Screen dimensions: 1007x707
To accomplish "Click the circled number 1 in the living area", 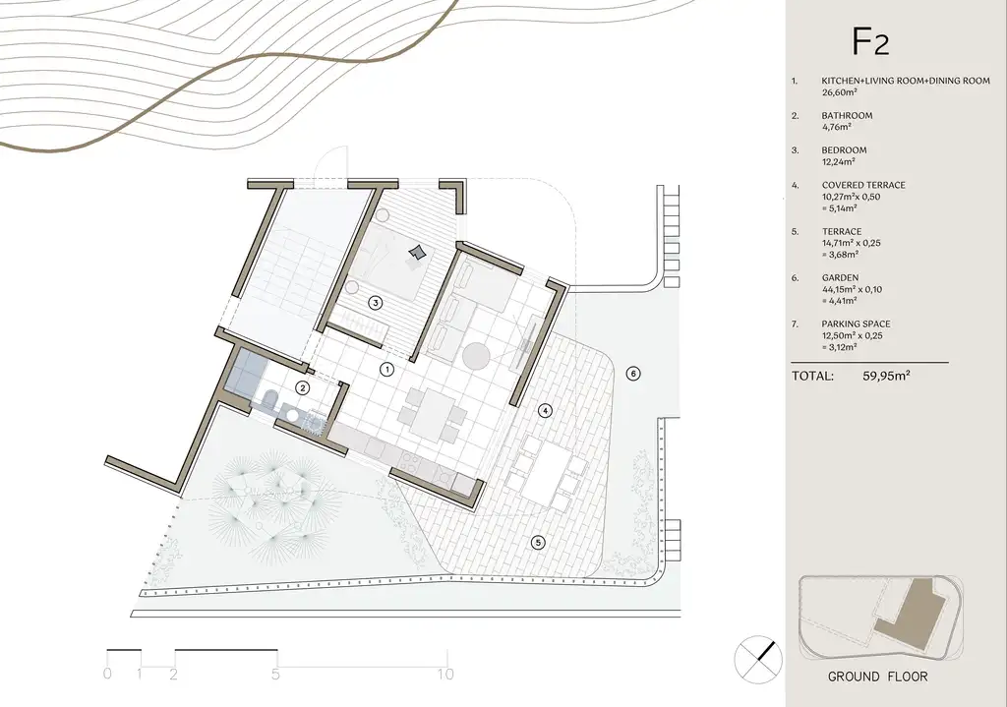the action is coord(386,369).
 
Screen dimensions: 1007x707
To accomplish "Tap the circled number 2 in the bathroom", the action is coord(302,387).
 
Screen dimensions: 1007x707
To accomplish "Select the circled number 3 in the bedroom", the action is coord(375,303).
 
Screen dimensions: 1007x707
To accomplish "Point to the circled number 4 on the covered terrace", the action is coord(545,410).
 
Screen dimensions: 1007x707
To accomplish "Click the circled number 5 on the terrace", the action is coord(538,543).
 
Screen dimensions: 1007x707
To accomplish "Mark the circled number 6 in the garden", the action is coord(633,373).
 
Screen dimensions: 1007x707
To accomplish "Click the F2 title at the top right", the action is coord(870,41).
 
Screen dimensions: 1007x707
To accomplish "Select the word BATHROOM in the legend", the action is coord(847,116).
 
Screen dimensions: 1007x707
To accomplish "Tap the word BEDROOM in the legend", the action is coord(844,150).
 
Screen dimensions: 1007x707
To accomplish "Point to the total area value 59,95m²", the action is coord(886,376).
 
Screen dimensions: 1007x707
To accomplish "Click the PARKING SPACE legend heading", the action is coord(857,324).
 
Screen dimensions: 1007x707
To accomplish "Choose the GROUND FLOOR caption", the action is coord(877,677).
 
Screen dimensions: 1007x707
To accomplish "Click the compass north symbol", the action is coord(758,660).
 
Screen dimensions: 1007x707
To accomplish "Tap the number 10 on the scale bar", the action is coord(445,674).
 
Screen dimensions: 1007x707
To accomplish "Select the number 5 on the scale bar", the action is coord(275,675).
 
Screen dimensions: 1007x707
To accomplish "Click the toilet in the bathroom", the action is coord(269,399).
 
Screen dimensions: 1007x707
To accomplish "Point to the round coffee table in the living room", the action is coord(477,355).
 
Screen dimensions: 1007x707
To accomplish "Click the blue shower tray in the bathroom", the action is coord(247,371).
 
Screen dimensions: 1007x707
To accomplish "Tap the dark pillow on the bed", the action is coord(417,253).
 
